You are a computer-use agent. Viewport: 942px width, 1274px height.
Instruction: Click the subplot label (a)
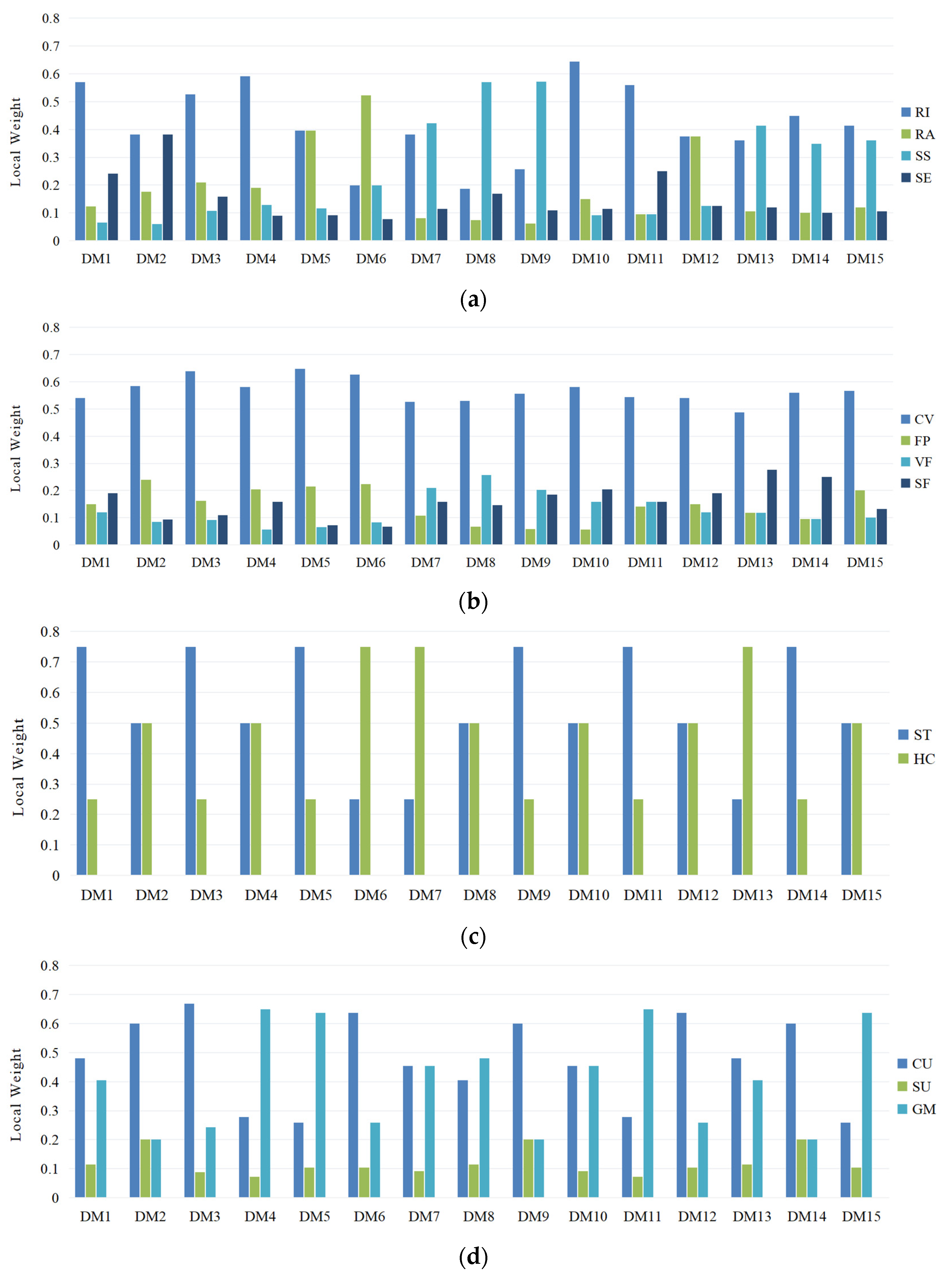(473, 299)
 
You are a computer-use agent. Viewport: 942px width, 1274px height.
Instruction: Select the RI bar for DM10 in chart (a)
(574, 151)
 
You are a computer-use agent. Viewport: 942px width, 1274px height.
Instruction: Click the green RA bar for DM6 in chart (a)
(366, 168)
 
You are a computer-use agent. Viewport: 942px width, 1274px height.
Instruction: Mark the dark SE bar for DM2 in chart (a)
(168, 188)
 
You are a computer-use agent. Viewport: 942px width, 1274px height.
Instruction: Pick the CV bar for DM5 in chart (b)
(300, 457)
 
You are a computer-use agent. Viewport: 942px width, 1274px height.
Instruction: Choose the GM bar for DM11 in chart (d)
(648, 1103)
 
